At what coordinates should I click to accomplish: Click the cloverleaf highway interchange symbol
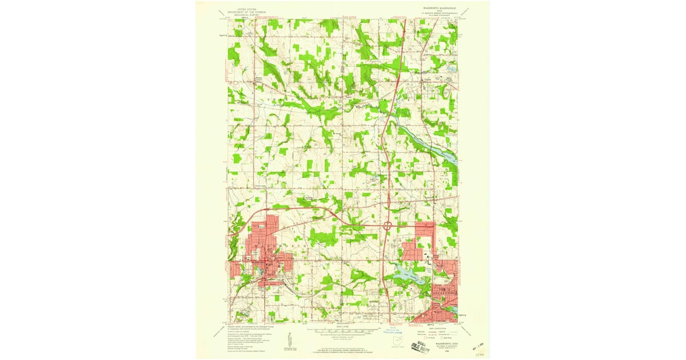[387, 226]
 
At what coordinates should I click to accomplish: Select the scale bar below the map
[343, 331]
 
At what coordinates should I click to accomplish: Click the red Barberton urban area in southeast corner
[440, 303]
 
